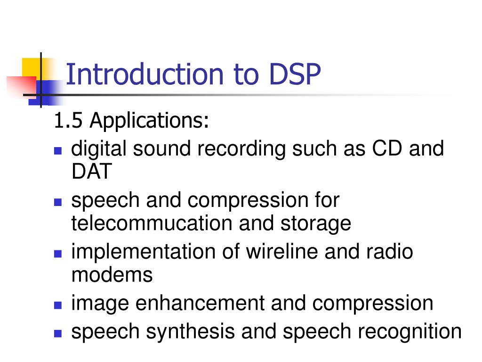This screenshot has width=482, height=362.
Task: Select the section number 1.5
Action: coord(69,121)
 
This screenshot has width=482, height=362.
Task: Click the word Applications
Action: coord(150,121)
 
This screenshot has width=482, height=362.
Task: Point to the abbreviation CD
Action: coord(388,149)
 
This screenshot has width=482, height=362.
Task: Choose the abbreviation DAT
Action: coord(91,171)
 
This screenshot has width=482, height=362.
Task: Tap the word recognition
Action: coord(410,331)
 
